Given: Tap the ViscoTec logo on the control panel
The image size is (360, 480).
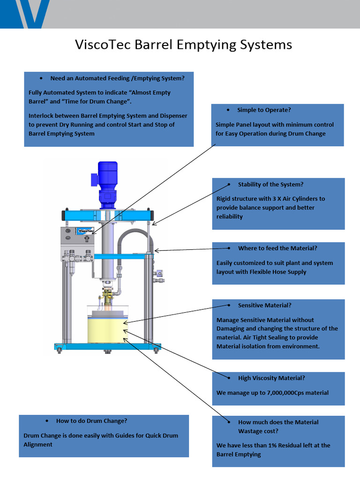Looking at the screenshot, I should pyautogui.click(x=85, y=230).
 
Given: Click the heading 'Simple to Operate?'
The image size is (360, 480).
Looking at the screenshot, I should pyautogui.click(x=264, y=110).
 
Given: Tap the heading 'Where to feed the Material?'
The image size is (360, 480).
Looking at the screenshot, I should pyautogui.click(x=277, y=248).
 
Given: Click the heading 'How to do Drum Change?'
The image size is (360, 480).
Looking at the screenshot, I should pyautogui.click(x=91, y=420).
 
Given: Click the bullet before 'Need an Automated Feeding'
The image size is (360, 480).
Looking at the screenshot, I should pyautogui.click(x=42, y=78).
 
